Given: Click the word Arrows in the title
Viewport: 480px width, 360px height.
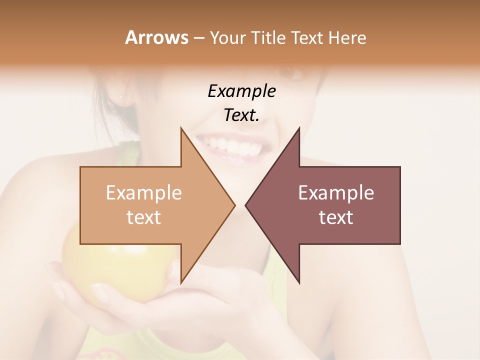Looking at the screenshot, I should coord(156,37).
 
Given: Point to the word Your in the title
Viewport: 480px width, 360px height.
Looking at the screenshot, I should coord(227,37).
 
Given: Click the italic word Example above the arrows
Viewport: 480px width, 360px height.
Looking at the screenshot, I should coord(241,91).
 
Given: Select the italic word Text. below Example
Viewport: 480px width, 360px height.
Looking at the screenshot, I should coord(241,115).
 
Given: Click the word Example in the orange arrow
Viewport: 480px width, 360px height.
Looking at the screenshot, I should coord(144,193).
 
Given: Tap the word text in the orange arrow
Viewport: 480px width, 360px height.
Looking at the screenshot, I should coord(144,217).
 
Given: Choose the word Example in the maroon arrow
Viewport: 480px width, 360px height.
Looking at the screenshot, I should coord(336,193).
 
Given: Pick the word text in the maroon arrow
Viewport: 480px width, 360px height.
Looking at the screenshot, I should coord(336,217).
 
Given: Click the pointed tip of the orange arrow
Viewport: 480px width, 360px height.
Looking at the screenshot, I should coord(234,205).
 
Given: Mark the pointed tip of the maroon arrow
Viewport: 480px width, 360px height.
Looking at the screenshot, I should coord(245,205).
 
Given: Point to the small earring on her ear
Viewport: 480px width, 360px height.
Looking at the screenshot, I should coord(120,96).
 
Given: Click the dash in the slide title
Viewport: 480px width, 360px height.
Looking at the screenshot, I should coord(198,38).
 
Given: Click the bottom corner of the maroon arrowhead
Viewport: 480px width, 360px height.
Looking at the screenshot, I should coord(299,283).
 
